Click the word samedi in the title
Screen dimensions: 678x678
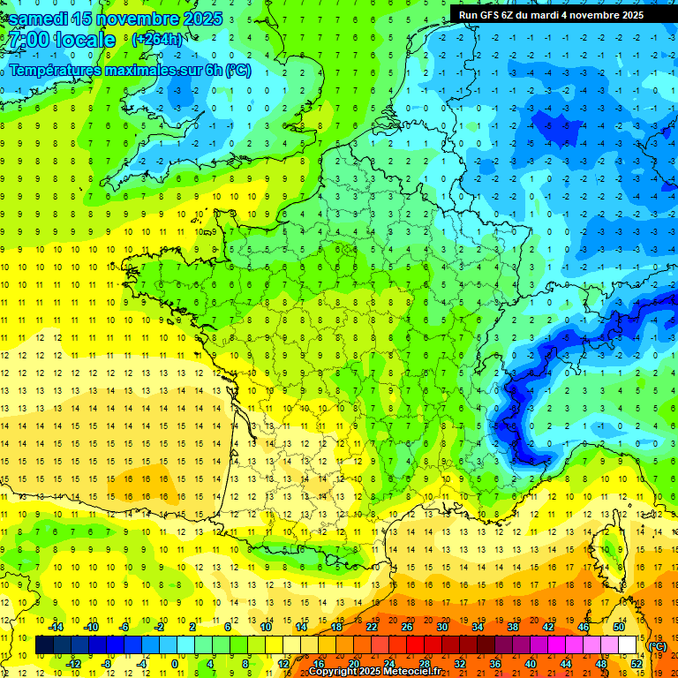[x=41, y=18]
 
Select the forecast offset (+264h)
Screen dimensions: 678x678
[x=158, y=40]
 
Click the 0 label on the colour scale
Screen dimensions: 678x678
[x=174, y=664]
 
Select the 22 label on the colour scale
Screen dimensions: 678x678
[x=372, y=627]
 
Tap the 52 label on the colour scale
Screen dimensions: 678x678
[x=636, y=664]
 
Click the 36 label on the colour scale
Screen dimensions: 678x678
[x=494, y=664]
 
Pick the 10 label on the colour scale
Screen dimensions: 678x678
[x=266, y=627]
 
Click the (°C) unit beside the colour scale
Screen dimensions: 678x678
[x=658, y=646]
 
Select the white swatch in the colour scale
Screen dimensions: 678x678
[x=627, y=645]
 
